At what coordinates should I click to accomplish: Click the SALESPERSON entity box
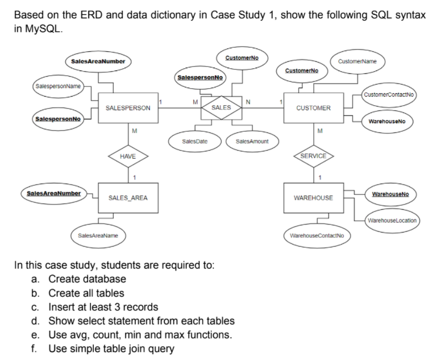pos(128,107)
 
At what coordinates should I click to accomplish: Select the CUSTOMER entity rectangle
pos(313,107)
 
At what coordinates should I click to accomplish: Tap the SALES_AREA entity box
pos(128,198)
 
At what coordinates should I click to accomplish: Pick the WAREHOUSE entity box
pos(313,198)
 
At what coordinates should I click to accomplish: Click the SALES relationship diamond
pos(221,107)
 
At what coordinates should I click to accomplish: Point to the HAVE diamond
pos(128,155)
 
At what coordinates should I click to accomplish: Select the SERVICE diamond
pos(313,155)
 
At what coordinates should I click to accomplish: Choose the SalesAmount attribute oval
pos(252,140)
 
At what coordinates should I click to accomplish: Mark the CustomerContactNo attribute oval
pos(389,94)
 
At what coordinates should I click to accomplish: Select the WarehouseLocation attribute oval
pos(391,220)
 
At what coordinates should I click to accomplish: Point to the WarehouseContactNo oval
pos(320,235)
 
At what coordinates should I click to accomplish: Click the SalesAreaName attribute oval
pos(98,235)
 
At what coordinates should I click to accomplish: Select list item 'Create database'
pos(87,279)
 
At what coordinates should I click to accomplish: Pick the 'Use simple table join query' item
pos(111,348)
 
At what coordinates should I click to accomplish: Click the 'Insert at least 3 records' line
pos(103,307)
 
